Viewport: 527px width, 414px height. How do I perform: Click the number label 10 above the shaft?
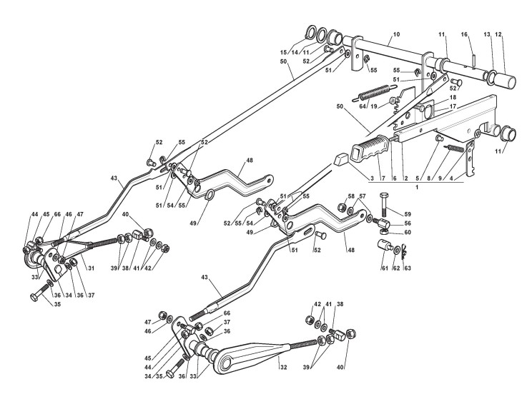tap(396, 34)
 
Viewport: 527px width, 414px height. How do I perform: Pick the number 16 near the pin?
tap(464, 34)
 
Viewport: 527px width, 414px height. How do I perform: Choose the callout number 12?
tap(498, 34)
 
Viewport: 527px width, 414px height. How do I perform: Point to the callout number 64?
tap(363, 107)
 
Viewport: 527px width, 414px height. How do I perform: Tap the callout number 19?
tap(374, 107)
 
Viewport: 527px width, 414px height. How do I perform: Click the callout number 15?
tap(303, 52)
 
